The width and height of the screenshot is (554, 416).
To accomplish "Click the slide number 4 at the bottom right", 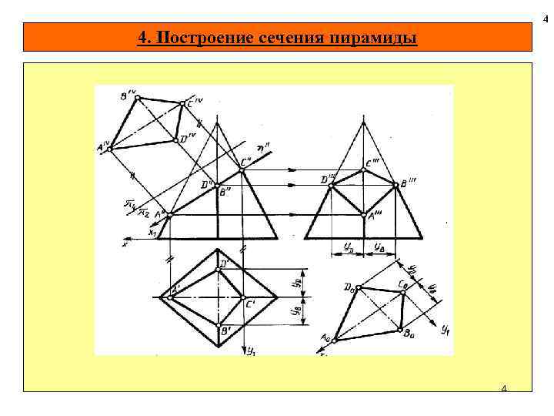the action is click(x=504, y=387).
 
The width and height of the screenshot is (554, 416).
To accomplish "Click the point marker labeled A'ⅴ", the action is click(x=110, y=148).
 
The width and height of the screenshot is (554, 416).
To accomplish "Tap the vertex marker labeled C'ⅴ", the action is click(x=182, y=102).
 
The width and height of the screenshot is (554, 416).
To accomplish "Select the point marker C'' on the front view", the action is click(x=241, y=169).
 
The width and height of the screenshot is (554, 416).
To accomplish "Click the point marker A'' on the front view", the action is click(x=169, y=215).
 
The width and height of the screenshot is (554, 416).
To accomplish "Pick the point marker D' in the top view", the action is click(x=219, y=269).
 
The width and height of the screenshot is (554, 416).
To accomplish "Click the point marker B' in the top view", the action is click(x=219, y=324).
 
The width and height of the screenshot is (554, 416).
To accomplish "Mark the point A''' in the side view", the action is click(x=365, y=215).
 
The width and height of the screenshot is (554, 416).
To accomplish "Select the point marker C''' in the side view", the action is click(x=365, y=169).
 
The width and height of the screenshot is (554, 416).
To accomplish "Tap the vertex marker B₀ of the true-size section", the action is click(x=399, y=330).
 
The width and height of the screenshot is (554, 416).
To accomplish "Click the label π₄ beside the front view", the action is click(x=131, y=203).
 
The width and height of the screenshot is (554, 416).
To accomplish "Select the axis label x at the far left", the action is click(x=125, y=243).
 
